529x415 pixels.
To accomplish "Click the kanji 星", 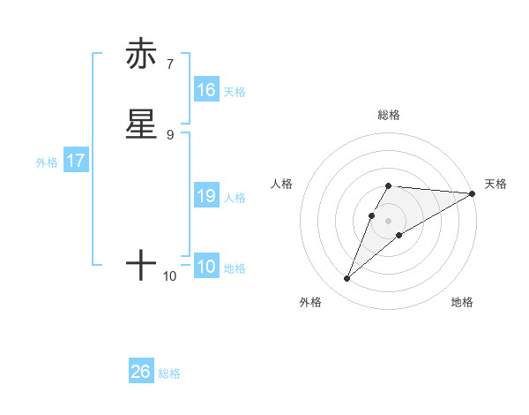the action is (141, 124).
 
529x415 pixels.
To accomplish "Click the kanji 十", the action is (141, 264).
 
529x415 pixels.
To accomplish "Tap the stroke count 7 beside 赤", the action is (170, 64).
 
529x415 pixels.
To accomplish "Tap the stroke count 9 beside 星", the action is (170, 134).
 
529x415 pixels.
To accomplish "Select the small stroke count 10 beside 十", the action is (170, 276).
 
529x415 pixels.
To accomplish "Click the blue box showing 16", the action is (206, 90).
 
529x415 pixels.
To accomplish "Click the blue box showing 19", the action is (206, 196).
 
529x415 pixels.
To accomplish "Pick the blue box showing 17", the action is (76, 162).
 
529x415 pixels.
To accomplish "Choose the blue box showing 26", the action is (141, 372).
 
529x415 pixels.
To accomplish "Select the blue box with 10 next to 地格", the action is (206, 267).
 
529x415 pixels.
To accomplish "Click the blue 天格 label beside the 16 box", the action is (235, 91).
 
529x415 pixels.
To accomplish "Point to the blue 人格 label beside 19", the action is (235, 197).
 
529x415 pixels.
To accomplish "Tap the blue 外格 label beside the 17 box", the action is (47, 162).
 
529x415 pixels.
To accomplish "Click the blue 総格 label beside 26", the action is (169, 373).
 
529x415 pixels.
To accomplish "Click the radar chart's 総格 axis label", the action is (389, 115).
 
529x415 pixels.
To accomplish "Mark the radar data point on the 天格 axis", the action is (473, 194).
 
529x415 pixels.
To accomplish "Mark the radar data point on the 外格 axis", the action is (346, 279).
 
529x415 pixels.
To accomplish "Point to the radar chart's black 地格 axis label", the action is (462, 302).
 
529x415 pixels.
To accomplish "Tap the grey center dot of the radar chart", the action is (389, 220).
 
